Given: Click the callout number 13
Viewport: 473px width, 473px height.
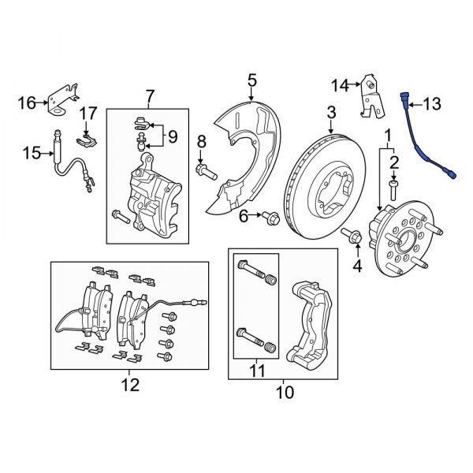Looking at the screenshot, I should (x=434, y=103).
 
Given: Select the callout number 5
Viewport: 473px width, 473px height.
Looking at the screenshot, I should (x=252, y=79).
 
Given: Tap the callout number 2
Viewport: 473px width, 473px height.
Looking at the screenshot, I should (x=393, y=162).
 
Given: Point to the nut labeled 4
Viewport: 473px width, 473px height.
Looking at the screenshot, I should (x=352, y=235).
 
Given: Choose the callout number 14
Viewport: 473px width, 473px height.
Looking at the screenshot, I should (x=340, y=84).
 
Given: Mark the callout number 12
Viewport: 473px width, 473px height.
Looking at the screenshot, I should (x=129, y=385).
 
